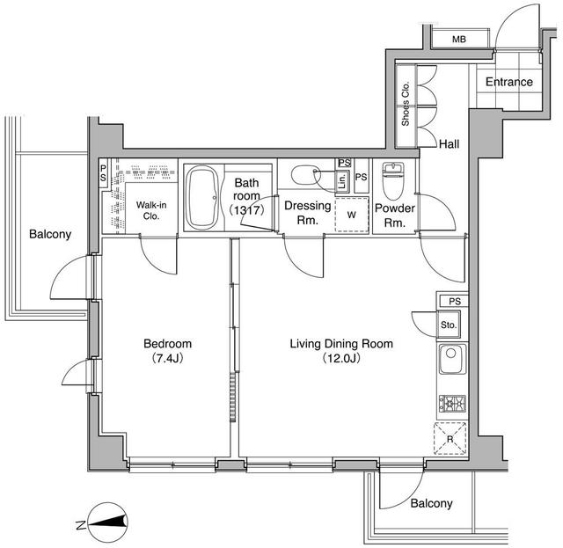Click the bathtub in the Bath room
203,197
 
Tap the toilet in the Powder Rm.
393,180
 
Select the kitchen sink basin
452,359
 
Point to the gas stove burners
452,403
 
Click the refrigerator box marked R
450,438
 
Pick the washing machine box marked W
352,215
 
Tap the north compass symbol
106,522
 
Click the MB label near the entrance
459,39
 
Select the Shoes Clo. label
406,104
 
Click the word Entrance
508,82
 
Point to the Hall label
450,144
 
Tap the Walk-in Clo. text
151,210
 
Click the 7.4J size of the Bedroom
168,358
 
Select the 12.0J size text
341,358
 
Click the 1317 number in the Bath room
248,209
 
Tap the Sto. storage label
449,325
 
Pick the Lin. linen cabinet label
342,181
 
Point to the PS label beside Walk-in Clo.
104,172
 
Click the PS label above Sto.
455,302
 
